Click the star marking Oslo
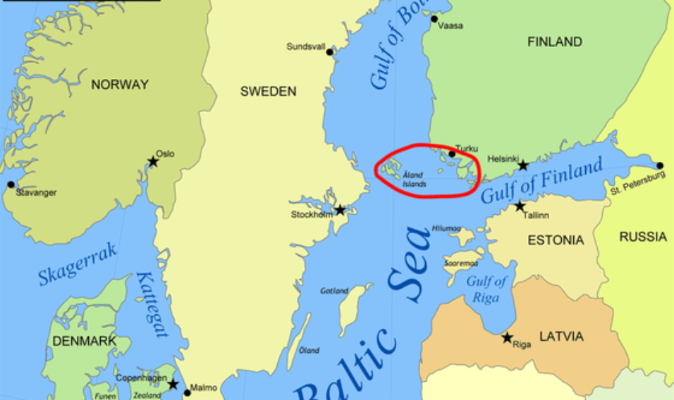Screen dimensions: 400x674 tap(153, 162)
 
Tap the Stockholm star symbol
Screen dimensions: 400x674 tap(340, 210)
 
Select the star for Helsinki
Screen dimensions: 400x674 tap(522, 165)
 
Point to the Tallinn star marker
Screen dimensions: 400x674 tap(520, 206)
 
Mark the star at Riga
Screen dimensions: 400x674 tap(507, 337)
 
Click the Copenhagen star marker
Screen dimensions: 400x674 tap(173, 384)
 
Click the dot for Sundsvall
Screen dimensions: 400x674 tap(329, 51)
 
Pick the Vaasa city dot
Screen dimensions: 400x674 tap(434, 19)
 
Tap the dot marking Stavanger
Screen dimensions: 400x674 tap(11, 185)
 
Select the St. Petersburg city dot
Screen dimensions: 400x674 tap(660, 166)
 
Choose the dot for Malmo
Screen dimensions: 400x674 tap(188, 393)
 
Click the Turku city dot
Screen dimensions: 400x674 tap(452, 154)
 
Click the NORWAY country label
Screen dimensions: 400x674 tap(120, 85)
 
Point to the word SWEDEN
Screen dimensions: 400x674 tap(268, 92)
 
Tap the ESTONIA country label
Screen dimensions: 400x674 tap(556, 241)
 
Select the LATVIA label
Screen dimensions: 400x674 tap(561, 337)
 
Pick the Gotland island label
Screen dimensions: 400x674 tap(334, 291)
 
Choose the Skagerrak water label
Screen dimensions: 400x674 tap(78, 265)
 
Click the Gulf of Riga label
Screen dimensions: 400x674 tap(486, 289)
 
